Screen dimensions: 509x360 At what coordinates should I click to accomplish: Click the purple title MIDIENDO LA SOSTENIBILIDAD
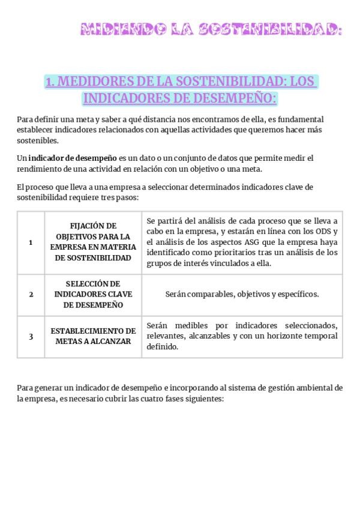pyautogui.click(x=211, y=29)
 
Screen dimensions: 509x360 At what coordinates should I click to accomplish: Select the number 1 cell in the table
pyautogui.click(x=31, y=242)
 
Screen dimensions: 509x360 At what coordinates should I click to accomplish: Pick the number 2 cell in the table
pyautogui.click(x=31, y=294)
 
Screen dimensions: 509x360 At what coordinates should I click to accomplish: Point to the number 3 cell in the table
pyautogui.click(x=31, y=336)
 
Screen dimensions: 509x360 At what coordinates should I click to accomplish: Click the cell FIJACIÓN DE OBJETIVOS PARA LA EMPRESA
pyautogui.click(x=93, y=242)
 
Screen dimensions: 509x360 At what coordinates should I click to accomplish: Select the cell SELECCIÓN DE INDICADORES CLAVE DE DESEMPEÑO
pyautogui.click(x=93, y=294)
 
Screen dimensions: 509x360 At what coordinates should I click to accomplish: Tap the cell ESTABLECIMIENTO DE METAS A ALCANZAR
pyautogui.click(x=93, y=336)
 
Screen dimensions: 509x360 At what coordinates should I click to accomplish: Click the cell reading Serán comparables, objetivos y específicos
pyautogui.click(x=242, y=294)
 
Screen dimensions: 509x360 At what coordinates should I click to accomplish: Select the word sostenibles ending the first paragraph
pyautogui.click(x=38, y=141)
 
